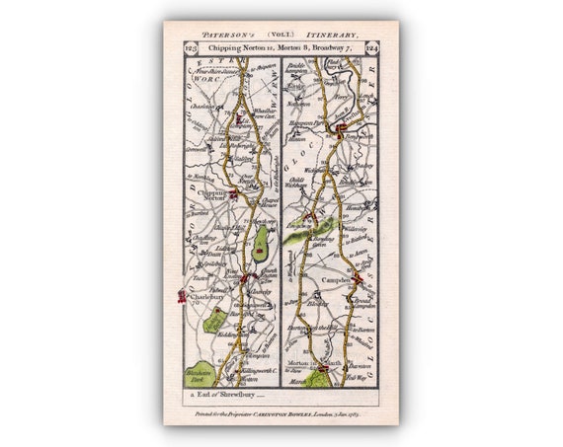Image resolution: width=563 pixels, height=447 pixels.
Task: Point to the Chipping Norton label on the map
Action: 211,198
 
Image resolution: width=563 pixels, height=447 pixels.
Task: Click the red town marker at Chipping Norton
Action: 233,193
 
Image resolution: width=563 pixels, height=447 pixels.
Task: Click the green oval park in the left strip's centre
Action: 261,243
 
